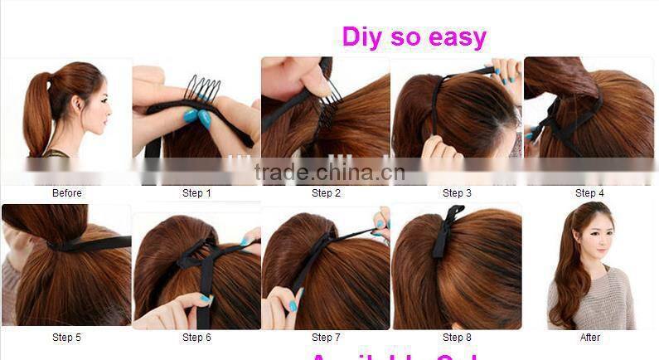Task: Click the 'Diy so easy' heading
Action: pyautogui.click(x=414, y=37)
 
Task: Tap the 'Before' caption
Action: pyautogui.click(x=67, y=193)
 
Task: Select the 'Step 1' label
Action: pyautogui.click(x=196, y=193)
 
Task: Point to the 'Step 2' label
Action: pyautogui.click(x=326, y=193)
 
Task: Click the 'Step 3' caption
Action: pyautogui.click(x=457, y=193)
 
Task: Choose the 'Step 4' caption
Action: pyautogui.click(x=589, y=193)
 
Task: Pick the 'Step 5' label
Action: pyautogui.click(x=67, y=337)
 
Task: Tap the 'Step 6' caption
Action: pyautogui.click(x=196, y=337)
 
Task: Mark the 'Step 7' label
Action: pyautogui.click(x=326, y=337)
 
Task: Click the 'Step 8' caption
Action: pyautogui.click(x=457, y=337)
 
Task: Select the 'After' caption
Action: pyautogui.click(x=589, y=337)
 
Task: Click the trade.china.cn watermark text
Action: pyautogui.click(x=329, y=173)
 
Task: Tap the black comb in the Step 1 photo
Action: pyautogui.click(x=202, y=92)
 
